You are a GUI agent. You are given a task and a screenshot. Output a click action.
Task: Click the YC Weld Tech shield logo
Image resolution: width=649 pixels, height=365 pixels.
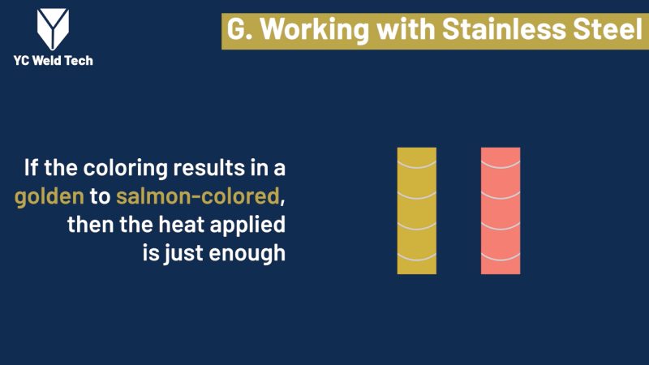[x=53, y=29]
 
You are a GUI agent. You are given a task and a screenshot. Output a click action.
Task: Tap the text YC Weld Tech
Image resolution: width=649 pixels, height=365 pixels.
[x=53, y=60]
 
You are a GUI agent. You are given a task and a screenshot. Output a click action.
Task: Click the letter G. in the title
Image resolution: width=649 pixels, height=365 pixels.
[x=239, y=29]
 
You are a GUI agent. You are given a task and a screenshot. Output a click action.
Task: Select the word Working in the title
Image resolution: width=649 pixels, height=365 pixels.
[x=315, y=30]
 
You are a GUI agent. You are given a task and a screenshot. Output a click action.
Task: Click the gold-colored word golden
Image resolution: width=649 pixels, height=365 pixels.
[x=49, y=197]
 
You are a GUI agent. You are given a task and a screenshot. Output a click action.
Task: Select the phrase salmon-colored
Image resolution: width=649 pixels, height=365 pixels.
[x=198, y=195]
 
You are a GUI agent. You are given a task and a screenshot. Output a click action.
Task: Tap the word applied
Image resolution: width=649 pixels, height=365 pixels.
[x=247, y=225]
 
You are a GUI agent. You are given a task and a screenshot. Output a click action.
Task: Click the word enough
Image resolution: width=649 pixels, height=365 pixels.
[x=247, y=254]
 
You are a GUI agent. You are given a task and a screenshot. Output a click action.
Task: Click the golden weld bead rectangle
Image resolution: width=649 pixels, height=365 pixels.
[x=417, y=211]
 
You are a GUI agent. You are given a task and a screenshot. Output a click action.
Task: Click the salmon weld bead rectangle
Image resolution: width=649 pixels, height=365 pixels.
[x=501, y=211]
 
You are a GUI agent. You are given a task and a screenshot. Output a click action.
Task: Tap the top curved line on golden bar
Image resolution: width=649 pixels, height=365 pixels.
[x=417, y=167]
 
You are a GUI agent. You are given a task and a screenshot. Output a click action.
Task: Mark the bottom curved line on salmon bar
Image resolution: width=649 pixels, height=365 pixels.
[x=501, y=260]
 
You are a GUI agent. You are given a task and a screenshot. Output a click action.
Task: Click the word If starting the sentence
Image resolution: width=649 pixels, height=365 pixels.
[x=31, y=168]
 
